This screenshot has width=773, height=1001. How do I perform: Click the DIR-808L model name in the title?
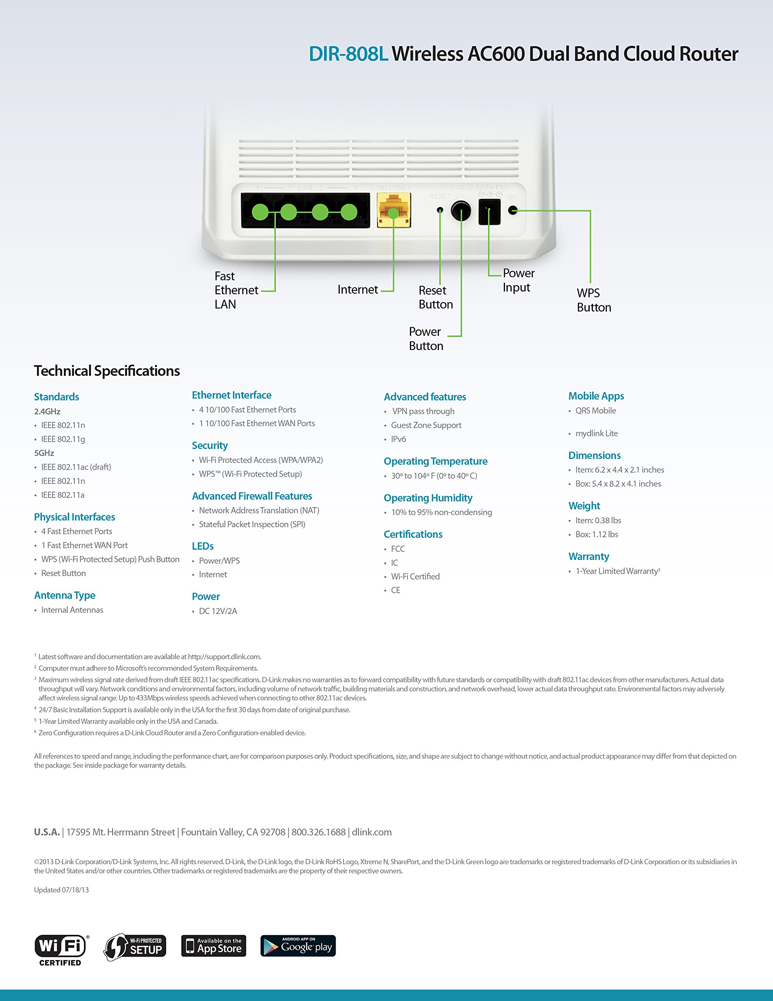[348, 54]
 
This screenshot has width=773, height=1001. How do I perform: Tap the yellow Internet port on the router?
[394, 210]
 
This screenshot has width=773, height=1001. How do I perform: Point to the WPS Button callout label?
[593, 300]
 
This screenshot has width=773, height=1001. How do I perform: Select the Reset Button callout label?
[435, 298]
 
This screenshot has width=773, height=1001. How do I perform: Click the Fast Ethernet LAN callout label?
[236, 290]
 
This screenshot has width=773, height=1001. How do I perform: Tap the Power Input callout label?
[518, 280]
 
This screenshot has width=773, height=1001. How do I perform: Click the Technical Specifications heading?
[107, 371]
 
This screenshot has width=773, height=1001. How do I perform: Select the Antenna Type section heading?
[64, 596]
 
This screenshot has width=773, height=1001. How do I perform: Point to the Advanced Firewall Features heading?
[252, 496]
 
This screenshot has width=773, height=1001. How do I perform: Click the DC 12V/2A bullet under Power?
[218, 611]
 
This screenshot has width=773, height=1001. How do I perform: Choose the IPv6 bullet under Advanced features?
[398, 439]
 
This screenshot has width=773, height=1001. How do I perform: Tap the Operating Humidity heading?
[428, 498]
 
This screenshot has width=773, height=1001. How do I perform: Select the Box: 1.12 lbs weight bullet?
[597, 535]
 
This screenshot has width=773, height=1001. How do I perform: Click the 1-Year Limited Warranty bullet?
[617, 571]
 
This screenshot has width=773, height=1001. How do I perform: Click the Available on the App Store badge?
[213, 946]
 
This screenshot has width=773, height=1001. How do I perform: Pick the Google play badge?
[298, 946]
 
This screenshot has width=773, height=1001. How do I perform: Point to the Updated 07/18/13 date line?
[61, 890]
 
